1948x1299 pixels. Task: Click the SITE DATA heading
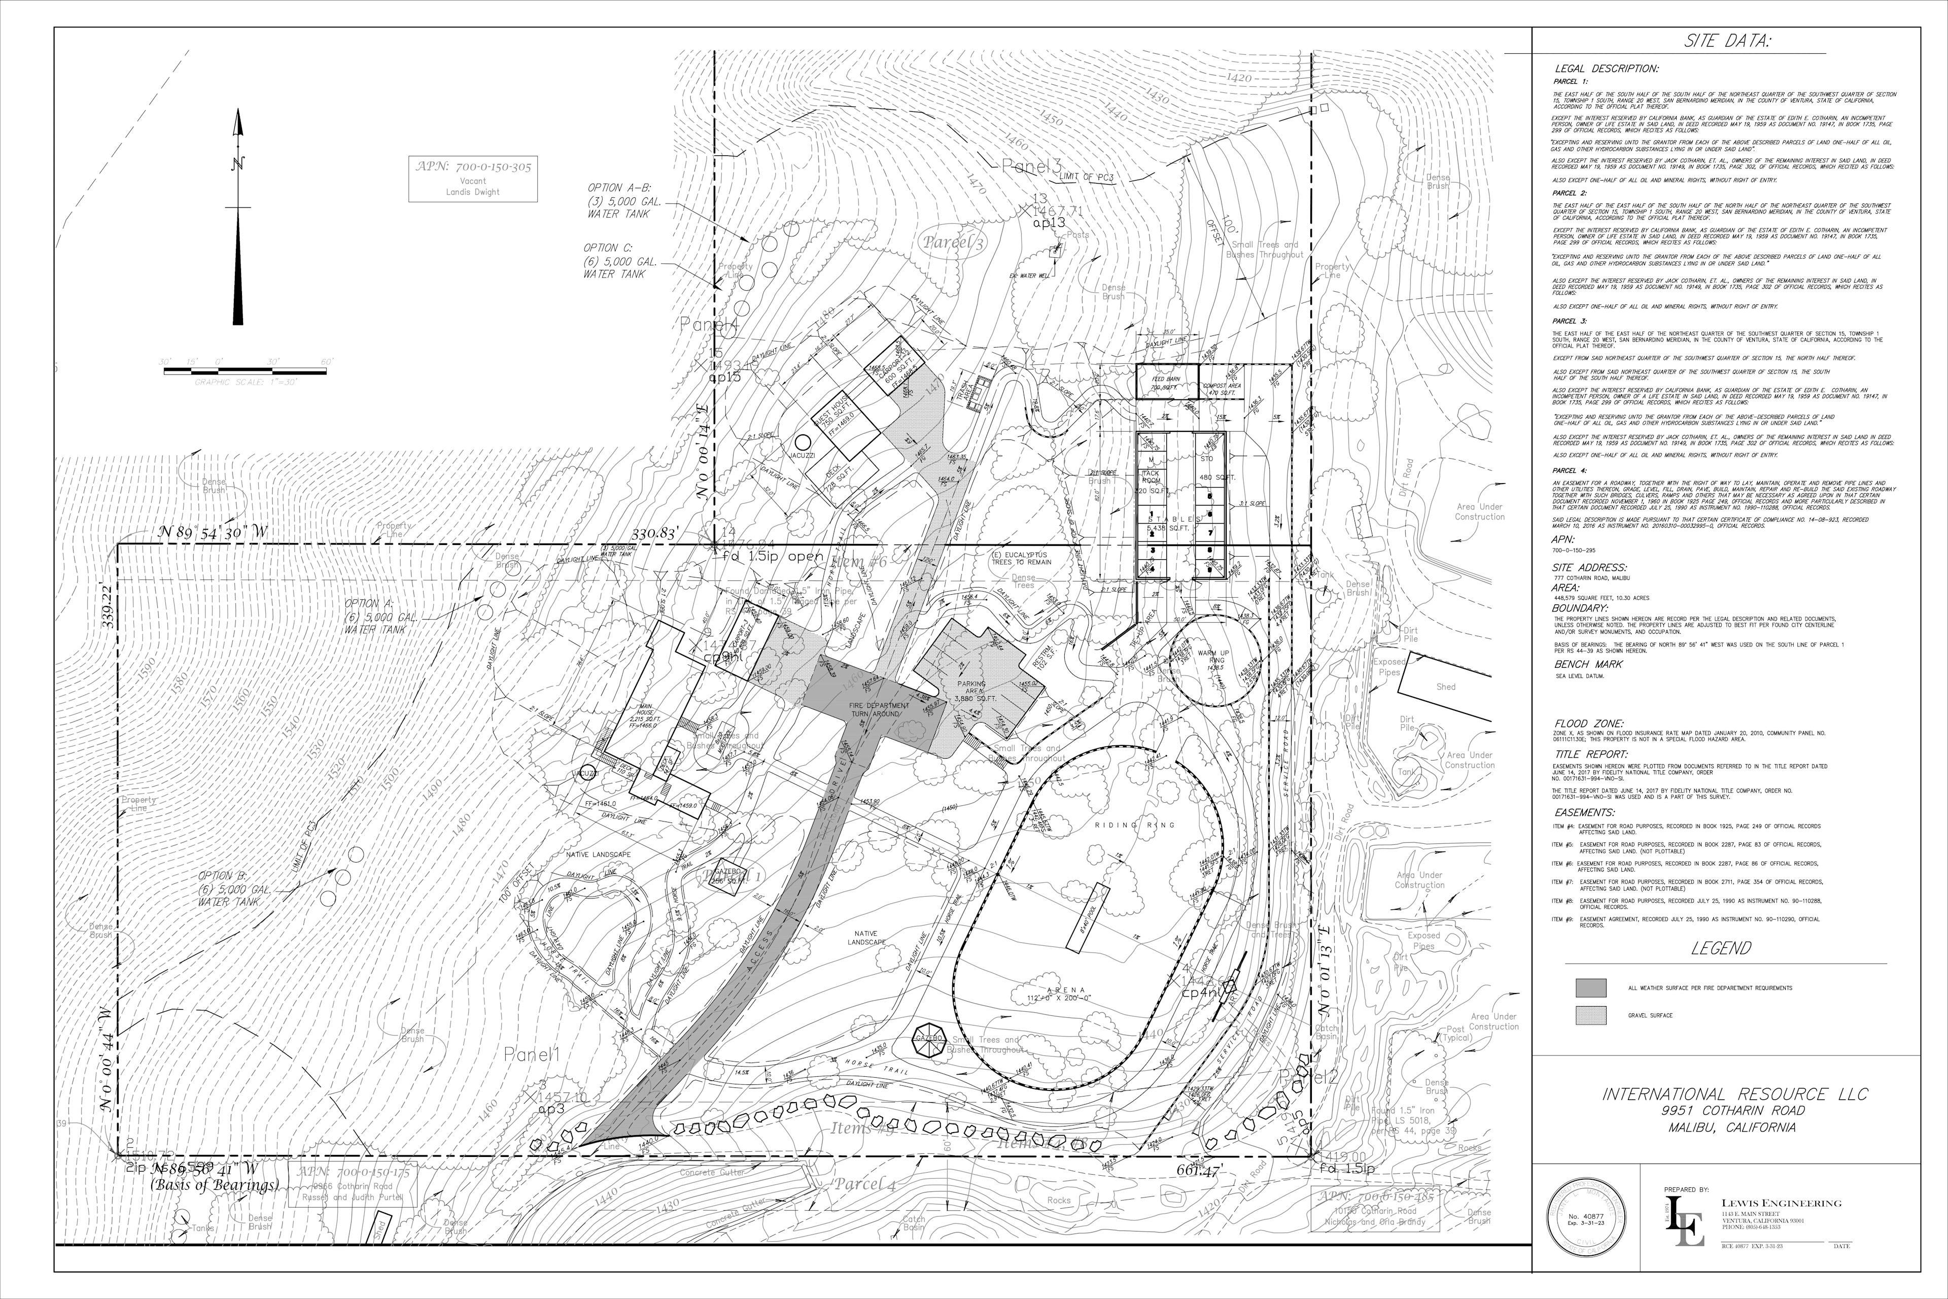(1727, 42)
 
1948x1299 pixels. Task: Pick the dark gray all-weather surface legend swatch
(1590, 987)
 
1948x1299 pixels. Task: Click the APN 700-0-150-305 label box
(473, 178)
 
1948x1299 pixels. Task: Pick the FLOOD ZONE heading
(1588, 723)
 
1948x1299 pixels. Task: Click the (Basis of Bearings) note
(214, 1185)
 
